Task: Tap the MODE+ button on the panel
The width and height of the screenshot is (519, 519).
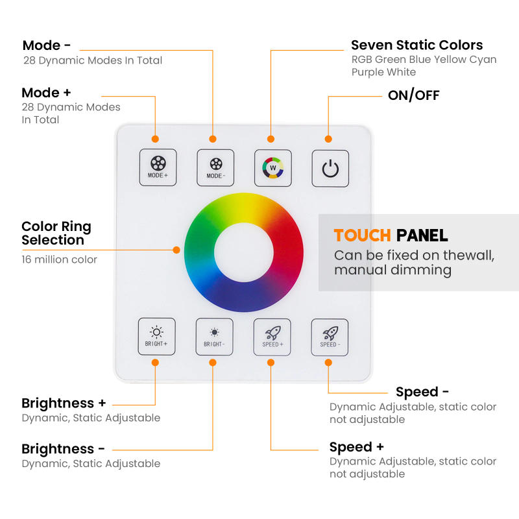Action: (158, 168)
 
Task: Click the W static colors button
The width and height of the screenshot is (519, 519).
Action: (272, 168)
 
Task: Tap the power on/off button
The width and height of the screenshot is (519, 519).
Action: (330, 169)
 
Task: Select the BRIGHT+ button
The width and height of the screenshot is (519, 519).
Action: (157, 336)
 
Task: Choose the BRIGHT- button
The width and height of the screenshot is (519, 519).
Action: (214, 336)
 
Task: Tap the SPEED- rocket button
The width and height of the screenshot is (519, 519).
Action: (330, 336)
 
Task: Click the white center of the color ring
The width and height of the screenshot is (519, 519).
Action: (243, 251)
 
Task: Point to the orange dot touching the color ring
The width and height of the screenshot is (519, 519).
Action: (176, 249)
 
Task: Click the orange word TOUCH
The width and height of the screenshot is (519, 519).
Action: (362, 235)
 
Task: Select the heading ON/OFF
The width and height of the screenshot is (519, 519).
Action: (413, 95)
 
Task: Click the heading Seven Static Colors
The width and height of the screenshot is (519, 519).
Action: (416, 45)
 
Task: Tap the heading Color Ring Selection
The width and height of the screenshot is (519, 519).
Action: (56, 234)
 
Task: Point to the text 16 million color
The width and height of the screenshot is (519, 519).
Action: (59, 259)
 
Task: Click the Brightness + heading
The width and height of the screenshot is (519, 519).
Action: (64, 403)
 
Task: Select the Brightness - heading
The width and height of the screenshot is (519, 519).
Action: (63, 449)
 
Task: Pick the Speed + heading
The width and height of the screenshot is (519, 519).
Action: (356, 447)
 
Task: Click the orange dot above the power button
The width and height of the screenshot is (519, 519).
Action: (328, 139)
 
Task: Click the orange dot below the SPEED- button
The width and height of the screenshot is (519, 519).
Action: (328, 363)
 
